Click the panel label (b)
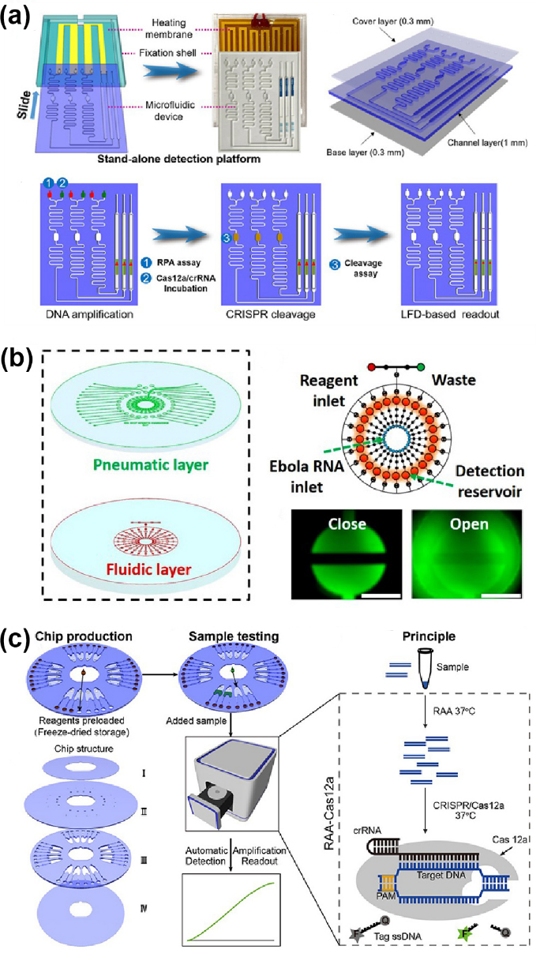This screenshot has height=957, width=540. [18, 361]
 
